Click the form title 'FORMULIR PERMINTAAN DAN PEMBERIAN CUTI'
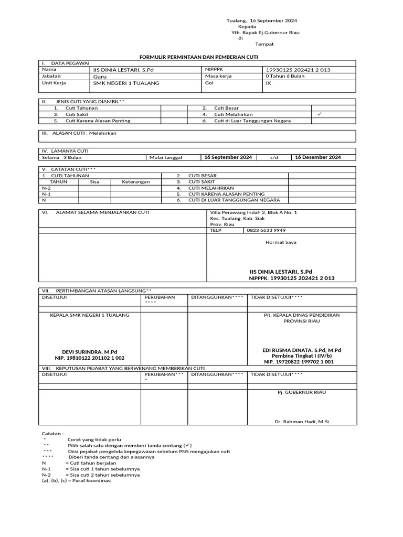[201, 56]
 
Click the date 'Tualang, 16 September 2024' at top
[261, 20]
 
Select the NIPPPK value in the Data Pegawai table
[298, 70]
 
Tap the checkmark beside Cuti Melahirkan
[320, 114]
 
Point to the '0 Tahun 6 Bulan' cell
[285, 76]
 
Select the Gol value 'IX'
[269, 83]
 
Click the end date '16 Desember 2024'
[317, 157]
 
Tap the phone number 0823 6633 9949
[266, 230]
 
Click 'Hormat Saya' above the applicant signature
[281, 242]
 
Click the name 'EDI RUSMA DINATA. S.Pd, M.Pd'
[301, 350]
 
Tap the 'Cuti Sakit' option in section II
[77, 114]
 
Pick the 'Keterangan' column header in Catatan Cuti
[136, 182]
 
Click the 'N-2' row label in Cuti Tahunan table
[47, 188]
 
